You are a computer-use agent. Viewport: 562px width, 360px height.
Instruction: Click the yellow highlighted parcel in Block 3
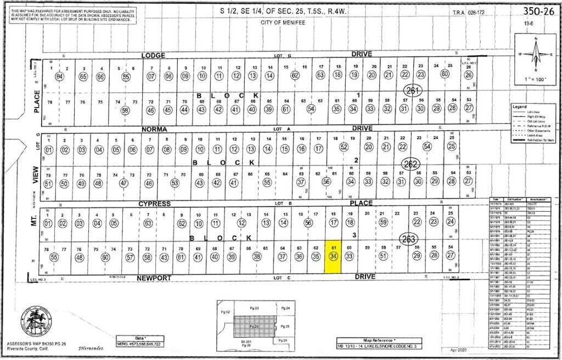pos(333,256)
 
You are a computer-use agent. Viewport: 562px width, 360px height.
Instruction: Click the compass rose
pos(536,54)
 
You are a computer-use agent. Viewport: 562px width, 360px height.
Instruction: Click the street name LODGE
pos(153,55)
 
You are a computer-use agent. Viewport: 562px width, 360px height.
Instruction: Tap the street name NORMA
pos(153,129)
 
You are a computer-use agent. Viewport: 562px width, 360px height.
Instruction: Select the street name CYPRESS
pos(154,204)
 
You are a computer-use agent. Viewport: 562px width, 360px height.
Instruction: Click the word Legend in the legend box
pos(519,106)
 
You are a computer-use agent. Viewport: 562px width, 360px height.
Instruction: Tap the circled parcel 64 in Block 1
pos(60,76)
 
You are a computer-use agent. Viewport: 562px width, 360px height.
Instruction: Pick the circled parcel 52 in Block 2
pos(344,147)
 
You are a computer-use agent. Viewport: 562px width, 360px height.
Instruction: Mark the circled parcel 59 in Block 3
pos(384,222)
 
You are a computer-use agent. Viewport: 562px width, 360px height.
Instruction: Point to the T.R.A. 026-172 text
pos(468,12)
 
